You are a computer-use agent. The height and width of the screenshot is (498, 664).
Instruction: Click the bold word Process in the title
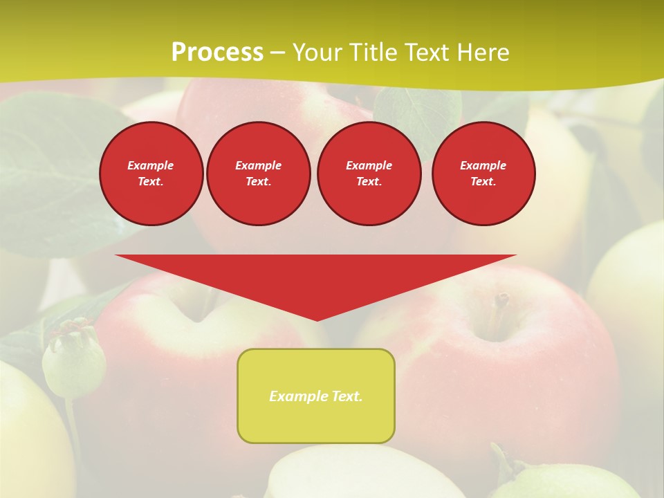(x=217, y=53)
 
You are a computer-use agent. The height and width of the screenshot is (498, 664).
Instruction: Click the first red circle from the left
(x=151, y=174)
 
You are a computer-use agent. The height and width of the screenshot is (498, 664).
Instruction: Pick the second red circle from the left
(x=258, y=174)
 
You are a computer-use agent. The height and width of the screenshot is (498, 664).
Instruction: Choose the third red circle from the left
(x=369, y=174)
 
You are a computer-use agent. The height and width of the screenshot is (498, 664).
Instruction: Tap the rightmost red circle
(x=483, y=174)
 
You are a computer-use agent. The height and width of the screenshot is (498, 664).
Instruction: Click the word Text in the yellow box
(x=347, y=396)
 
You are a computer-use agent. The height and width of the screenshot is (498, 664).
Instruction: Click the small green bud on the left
(x=73, y=360)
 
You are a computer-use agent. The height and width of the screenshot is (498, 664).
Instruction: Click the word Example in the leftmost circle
(x=151, y=165)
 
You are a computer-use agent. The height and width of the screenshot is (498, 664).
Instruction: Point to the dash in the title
(x=277, y=53)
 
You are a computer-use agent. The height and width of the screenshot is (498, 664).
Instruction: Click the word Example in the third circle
(x=369, y=165)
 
